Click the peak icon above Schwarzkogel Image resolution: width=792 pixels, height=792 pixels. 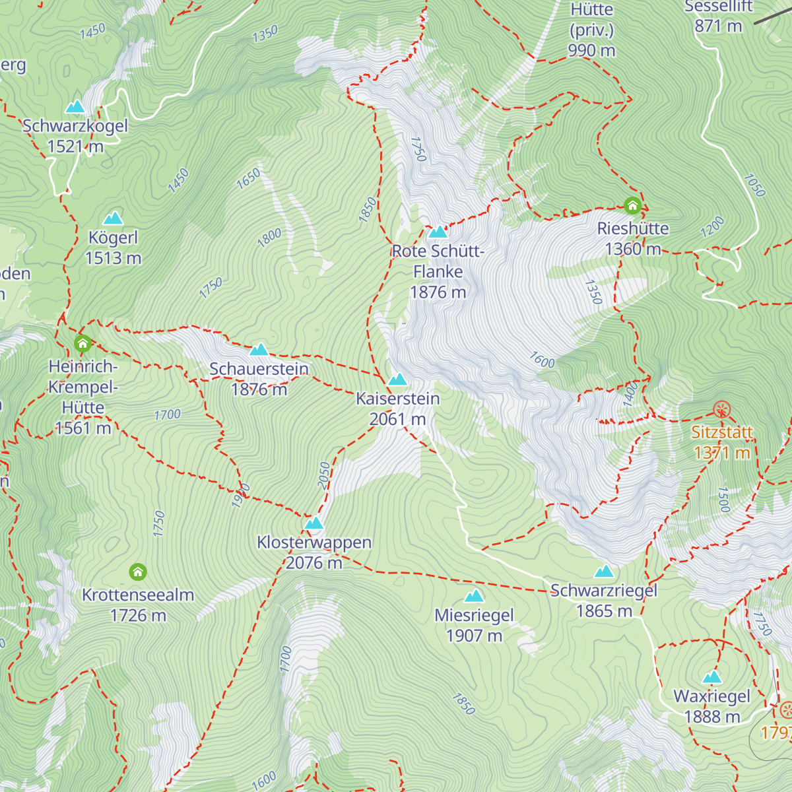tap(75, 107)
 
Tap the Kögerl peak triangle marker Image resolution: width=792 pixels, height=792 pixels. tap(113, 218)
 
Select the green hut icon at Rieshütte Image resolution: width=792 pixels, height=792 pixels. tap(632, 206)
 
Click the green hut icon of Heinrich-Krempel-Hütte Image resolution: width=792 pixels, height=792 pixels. tap(82, 343)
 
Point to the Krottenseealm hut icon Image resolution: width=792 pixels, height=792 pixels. tap(137, 572)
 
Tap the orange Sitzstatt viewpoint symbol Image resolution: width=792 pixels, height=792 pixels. tap(722, 409)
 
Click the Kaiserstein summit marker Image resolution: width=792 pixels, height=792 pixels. tap(397, 379)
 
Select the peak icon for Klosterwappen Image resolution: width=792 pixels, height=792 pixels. tap(314, 523)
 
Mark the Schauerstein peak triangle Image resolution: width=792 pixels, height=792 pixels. tap(259, 350)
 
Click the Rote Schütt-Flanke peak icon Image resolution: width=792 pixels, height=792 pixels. tap(438, 232)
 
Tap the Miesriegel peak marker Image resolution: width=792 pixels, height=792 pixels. tap(474, 597)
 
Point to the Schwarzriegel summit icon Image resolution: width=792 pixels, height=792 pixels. tap(604, 572)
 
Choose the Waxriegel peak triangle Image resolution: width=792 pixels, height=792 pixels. tap(711, 677)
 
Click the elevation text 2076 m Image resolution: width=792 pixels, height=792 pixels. tap(314, 563)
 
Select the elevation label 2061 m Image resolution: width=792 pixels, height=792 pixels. tap(397, 419)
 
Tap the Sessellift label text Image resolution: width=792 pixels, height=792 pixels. tap(718, 7)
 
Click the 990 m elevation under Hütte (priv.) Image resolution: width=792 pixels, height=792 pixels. tap(591, 50)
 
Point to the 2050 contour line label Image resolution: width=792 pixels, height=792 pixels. tap(323, 475)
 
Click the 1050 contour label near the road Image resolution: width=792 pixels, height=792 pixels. tap(754, 185)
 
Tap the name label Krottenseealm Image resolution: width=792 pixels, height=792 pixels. tap(138, 595)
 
